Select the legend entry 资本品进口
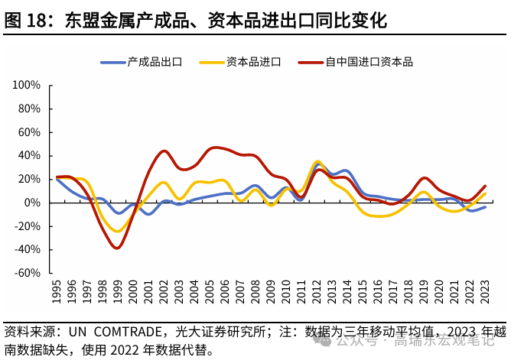pos(253,62)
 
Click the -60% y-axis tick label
pos(28,273)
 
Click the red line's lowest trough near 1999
pos(117,248)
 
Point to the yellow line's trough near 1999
pos(117,231)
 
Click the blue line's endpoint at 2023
pos(484,206)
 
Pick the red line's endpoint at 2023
pos(484,186)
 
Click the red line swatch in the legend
pos(309,62)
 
